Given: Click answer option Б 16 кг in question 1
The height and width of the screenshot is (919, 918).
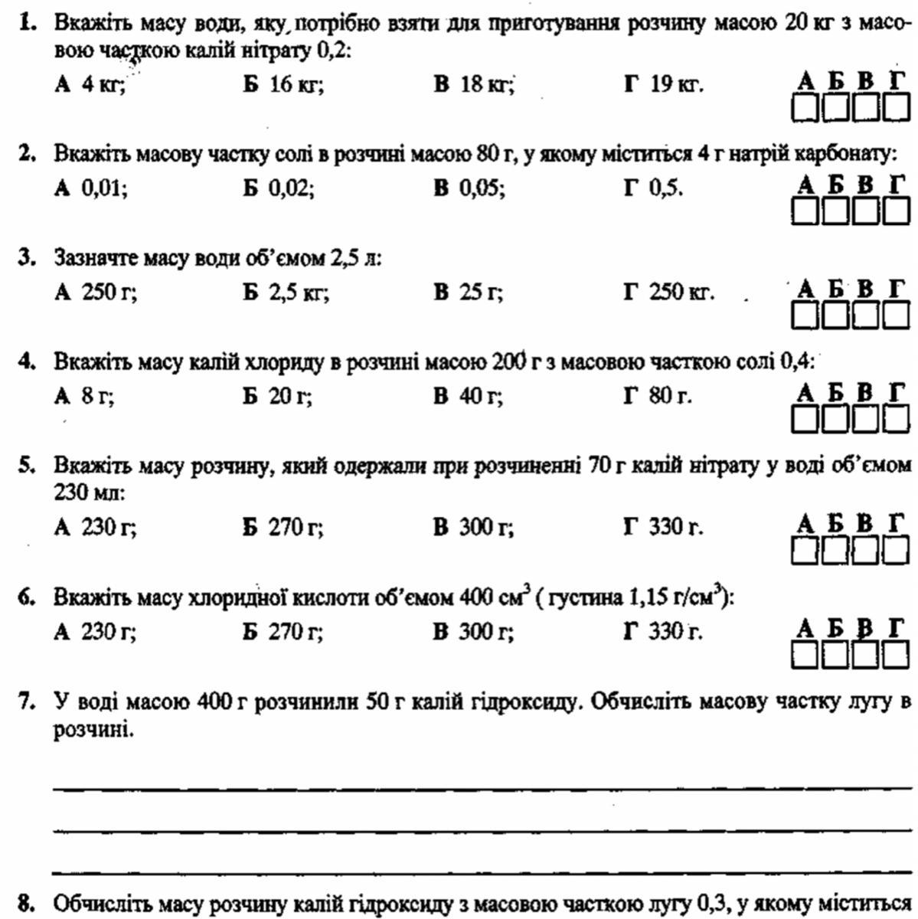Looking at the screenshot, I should coord(283,84).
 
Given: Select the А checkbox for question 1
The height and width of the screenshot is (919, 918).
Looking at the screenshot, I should coord(804,108).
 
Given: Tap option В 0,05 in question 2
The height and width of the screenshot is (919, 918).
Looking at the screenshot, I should coord(469,188).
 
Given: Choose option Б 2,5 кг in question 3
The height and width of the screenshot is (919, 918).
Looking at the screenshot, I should coord(286,293).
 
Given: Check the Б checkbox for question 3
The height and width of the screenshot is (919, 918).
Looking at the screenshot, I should coord(835,316).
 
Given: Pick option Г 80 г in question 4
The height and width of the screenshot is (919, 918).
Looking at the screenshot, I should coord(658,396).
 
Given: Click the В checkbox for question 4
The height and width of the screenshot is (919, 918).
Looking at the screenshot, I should coord(866,419).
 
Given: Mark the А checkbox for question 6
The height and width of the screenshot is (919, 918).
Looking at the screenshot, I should coord(804,655).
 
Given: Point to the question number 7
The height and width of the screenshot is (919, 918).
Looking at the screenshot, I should coord(28,701).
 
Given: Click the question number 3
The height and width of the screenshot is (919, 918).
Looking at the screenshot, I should coord(28,258).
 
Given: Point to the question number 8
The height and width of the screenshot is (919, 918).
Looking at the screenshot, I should coord(28,904).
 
